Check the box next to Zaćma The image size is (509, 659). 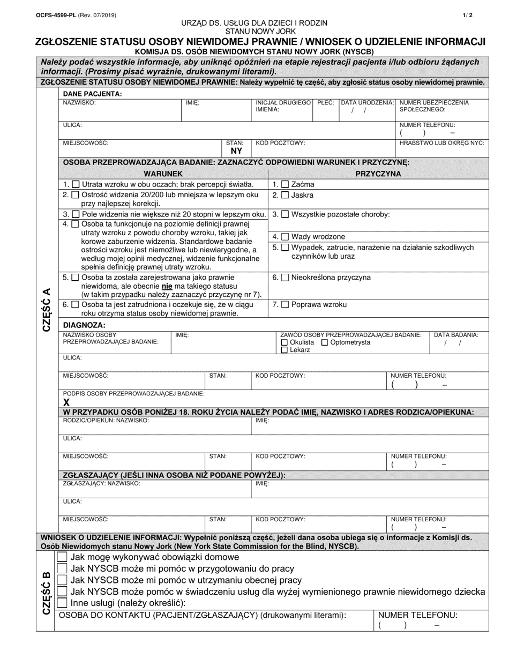click(x=285, y=184)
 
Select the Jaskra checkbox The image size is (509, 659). click(x=285, y=196)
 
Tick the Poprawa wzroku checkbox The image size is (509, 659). click(x=285, y=304)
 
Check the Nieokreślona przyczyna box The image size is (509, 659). click(x=285, y=278)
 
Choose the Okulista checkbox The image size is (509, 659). click(x=284, y=342)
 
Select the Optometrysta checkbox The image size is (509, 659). click(x=325, y=342)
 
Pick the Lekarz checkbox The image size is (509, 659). click(x=284, y=350)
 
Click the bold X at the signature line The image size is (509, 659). click(x=67, y=402)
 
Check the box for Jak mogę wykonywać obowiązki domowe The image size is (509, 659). click(x=62, y=557)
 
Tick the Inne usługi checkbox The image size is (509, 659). click(x=62, y=603)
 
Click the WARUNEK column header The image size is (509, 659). click(x=163, y=174)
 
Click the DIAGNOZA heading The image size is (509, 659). click(x=84, y=325)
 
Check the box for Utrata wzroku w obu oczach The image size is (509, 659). click(x=76, y=184)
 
